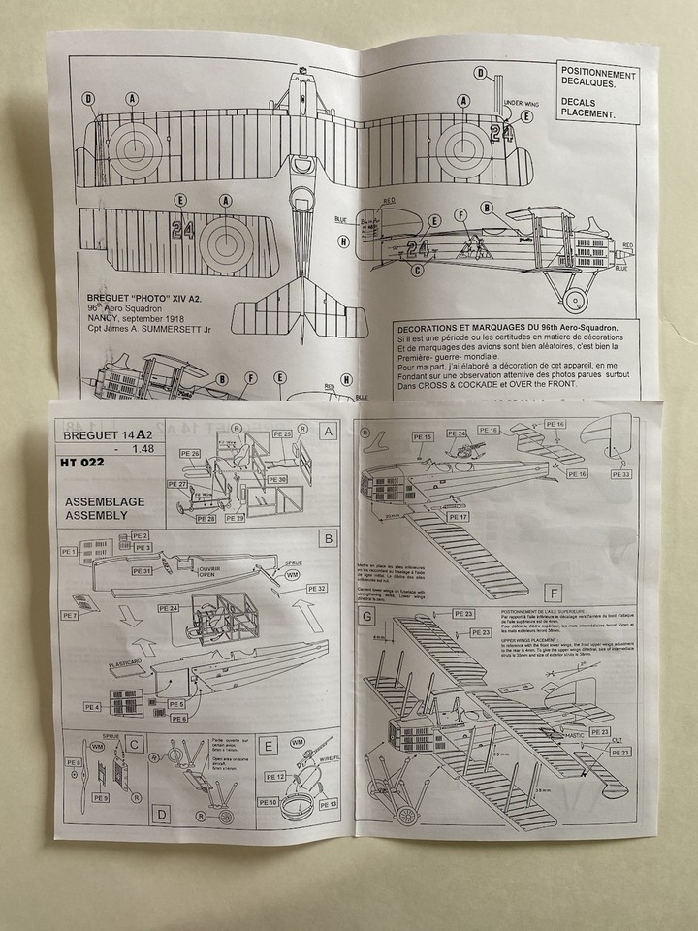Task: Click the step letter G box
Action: coord(367,618)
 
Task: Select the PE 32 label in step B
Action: coord(317,588)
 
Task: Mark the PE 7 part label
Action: coord(70,616)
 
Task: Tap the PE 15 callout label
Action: coord(423,437)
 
